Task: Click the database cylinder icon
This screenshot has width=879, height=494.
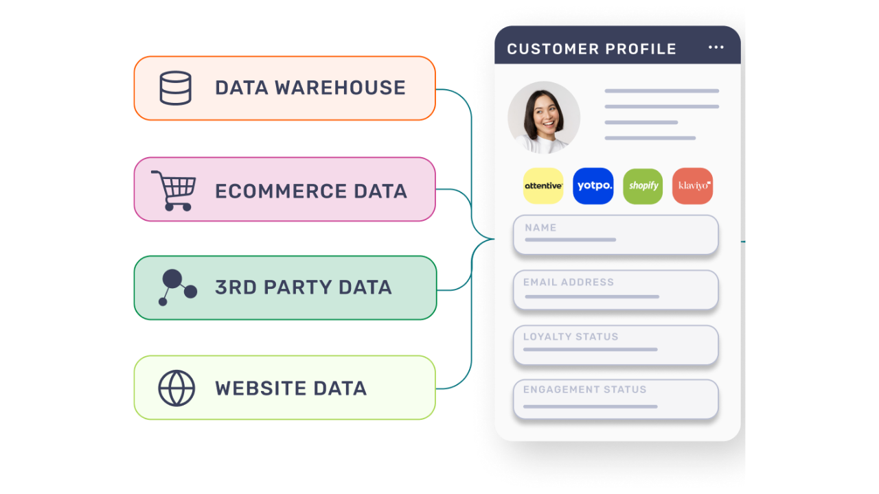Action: pyautogui.click(x=175, y=88)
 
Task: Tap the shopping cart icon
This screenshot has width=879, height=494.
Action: pyautogui.click(x=174, y=191)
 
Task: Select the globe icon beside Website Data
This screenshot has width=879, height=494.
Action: pyautogui.click(x=176, y=388)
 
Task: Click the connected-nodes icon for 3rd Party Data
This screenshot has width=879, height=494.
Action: pyautogui.click(x=177, y=287)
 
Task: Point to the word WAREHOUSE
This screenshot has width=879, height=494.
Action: pyautogui.click(x=340, y=87)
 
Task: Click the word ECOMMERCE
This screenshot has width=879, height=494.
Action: pyautogui.click(x=281, y=191)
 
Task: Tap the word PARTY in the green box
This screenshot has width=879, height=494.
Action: pyautogui.click(x=298, y=287)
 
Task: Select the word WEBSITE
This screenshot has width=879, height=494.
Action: pyautogui.click(x=260, y=388)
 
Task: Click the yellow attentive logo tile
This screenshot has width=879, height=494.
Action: pyautogui.click(x=543, y=186)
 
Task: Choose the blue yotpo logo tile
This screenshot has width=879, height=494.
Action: pyautogui.click(x=593, y=186)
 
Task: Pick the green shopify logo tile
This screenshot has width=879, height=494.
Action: pyautogui.click(x=643, y=186)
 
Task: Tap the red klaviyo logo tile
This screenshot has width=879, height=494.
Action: pyautogui.click(x=693, y=186)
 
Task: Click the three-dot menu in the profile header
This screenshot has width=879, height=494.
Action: pyautogui.click(x=716, y=47)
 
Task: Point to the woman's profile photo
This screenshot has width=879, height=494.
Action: pyautogui.click(x=544, y=117)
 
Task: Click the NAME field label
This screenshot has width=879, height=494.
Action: pyautogui.click(x=540, y=228)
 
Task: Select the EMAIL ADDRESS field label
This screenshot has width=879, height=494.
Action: pyautogui.click(x=569, y=282)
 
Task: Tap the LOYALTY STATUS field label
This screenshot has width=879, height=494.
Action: pyautogui.click(x=571, y=337)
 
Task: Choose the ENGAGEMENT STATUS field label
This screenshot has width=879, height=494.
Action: pyautogui.click(x=584, y=389)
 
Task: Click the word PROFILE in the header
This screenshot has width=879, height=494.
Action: pyautogui.click(x=641, y=49)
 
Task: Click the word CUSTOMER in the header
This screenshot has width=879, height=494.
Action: pyautogui.click(x=553, y=49)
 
